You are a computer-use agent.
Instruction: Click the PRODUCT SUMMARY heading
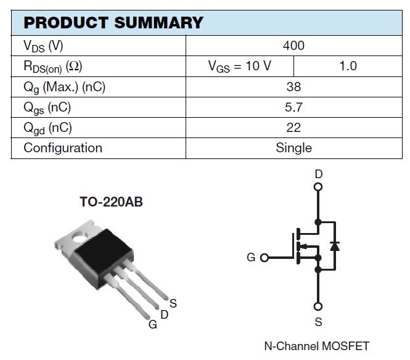tap(113, 23)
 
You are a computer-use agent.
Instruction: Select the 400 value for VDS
tap(293, 46)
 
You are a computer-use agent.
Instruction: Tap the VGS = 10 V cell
tap(240, 66)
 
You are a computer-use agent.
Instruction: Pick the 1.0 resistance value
tap(348, 66)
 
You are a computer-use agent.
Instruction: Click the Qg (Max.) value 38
tap(293, 87)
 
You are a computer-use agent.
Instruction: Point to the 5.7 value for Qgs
tap(293, 107)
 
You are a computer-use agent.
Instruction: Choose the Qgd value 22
tap(293, 128)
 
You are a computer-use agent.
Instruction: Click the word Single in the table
tap(293, 148)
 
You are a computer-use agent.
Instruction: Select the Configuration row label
tap(63, 148)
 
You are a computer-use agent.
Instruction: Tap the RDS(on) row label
tap(53, 67)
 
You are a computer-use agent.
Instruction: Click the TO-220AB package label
tap(111, 202)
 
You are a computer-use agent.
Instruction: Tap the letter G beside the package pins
tap(152, 325)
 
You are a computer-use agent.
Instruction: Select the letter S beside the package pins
tap(173, 303)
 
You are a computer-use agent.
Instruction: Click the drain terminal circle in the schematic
tap(318, 187)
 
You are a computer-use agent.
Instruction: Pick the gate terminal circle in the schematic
tap(264, 258)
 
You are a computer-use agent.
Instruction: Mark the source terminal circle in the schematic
tap(318, 306)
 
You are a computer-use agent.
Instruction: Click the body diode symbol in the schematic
tap(335, 245)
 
